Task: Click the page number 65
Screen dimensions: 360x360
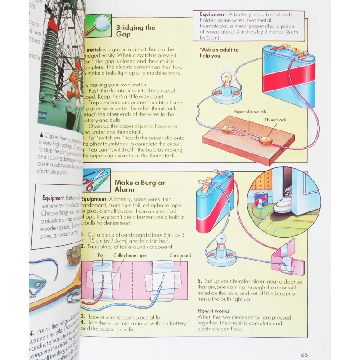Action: tap(305, 355)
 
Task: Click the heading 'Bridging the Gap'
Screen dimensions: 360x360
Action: tap(135, 31)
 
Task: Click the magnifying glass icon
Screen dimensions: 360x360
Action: tap(98, 23)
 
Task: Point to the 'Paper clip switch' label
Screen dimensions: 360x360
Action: tap(249, 112)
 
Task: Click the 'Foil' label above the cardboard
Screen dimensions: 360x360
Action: tap(102, 255)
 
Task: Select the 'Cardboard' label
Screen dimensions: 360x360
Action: tap(180, 255)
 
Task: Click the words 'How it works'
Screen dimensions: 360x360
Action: tap(213, 311)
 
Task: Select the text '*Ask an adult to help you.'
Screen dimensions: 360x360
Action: tap(219, 53)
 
